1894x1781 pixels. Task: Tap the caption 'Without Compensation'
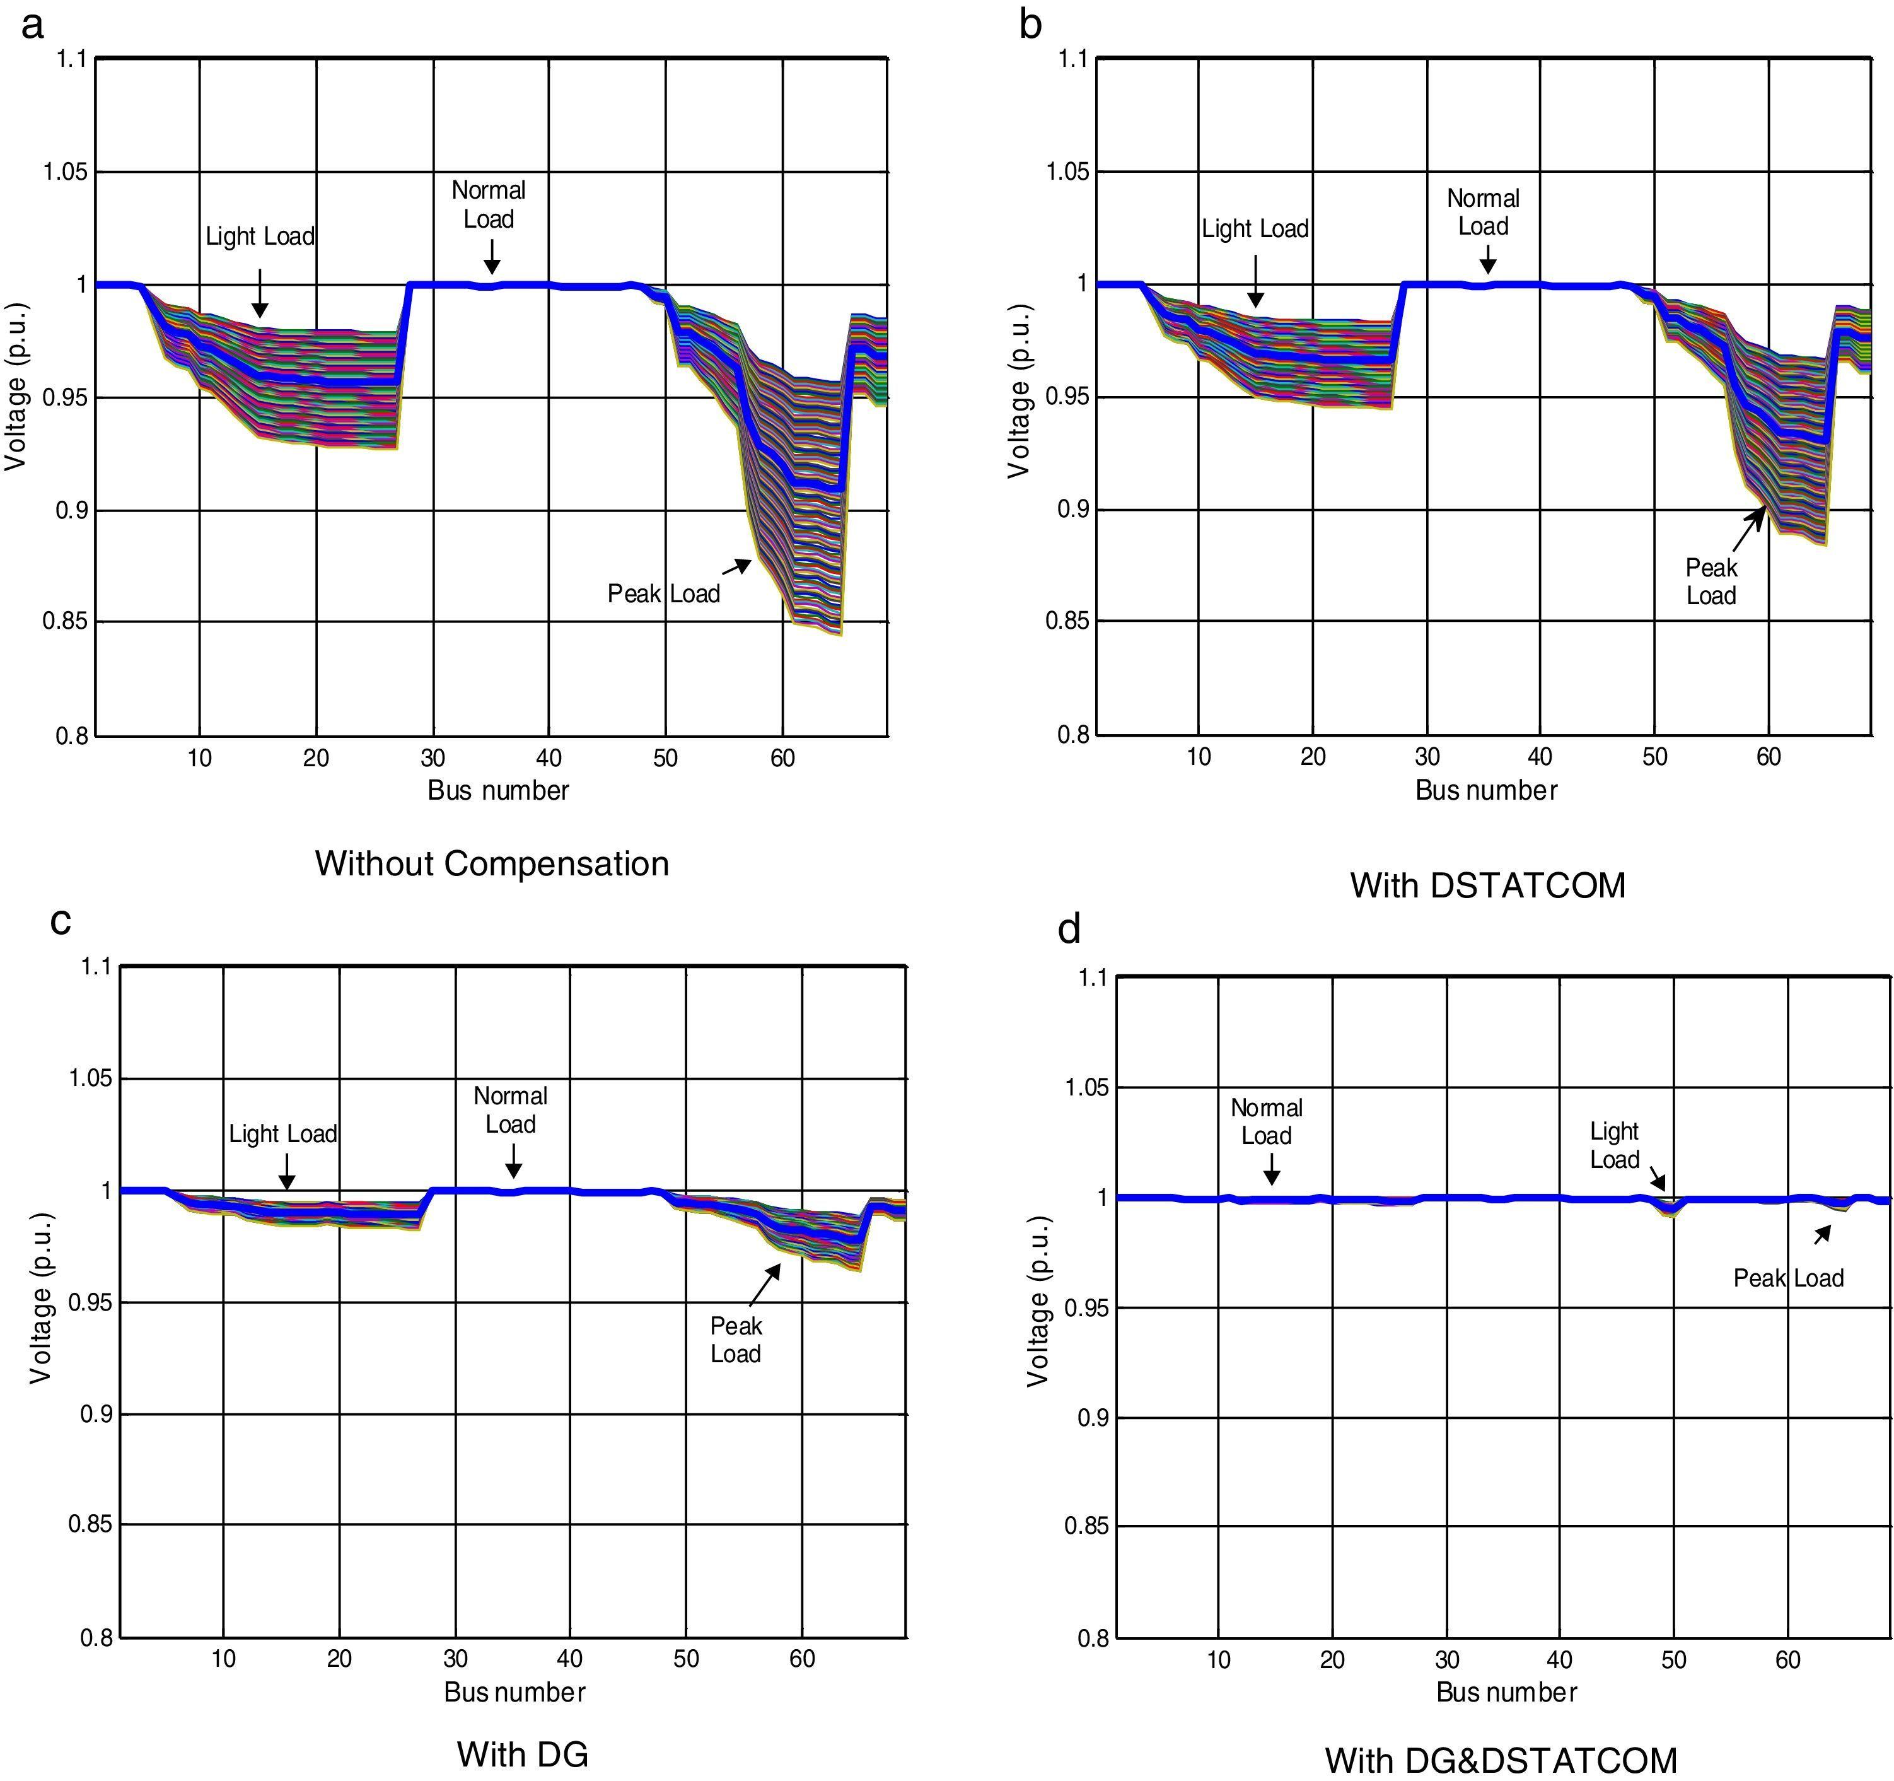coord(492,863)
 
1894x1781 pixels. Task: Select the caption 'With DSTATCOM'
coord(1487,885)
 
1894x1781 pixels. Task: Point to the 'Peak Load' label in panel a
coord(663,593)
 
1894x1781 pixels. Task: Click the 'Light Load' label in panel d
coord(1614,1145)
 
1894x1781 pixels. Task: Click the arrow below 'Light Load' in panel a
coord(259,293)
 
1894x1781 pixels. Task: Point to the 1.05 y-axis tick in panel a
coord(65,172)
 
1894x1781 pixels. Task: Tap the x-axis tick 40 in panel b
coord(1540,757)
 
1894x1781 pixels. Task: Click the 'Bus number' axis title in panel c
coord(514,1692)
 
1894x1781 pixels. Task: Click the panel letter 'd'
coord(1069,929)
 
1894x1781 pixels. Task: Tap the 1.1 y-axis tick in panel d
coord(1092,977)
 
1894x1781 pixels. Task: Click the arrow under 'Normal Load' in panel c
coord(513,1160)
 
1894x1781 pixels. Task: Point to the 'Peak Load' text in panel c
coord(736,1340)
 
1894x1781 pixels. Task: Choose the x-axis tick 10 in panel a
coord(199,759)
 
